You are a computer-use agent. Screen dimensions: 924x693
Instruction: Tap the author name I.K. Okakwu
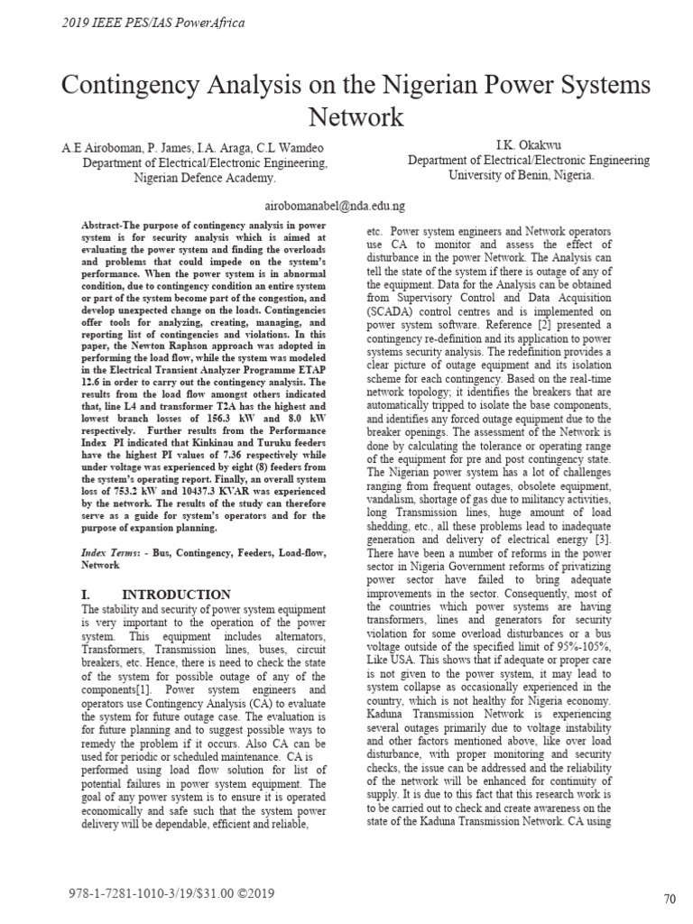tap(528, 144)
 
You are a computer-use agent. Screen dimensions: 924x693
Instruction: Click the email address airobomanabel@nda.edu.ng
tap(337, 207)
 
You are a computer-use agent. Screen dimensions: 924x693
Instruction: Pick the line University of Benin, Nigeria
tap(522, 175)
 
